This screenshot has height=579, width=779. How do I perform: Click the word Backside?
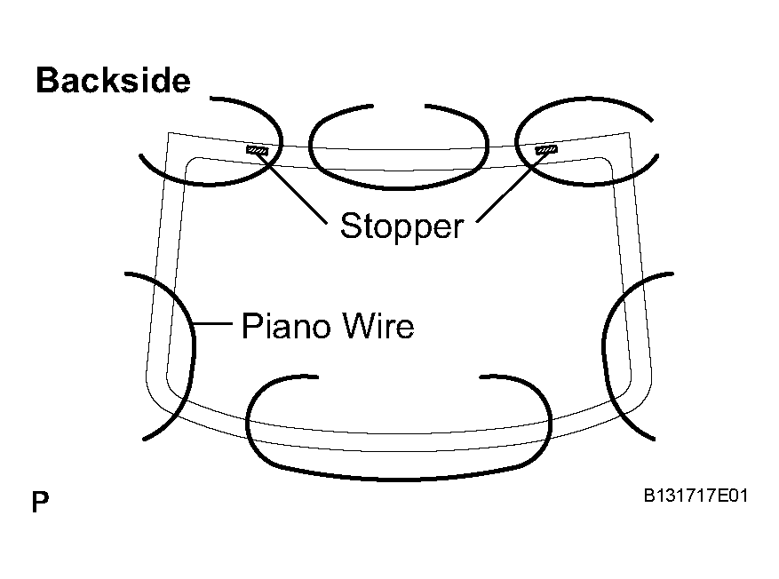[114, 81]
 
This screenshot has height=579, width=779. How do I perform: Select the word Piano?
[286, 326]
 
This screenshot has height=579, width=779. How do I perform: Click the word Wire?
[378, 326]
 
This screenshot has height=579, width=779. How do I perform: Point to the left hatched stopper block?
[258, 150]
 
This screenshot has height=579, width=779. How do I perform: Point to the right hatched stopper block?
[546, 149]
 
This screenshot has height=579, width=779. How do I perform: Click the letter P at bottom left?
[40, 502]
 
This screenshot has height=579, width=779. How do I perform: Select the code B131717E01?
[696, 495]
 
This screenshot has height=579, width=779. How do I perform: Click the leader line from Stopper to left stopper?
[292, 187]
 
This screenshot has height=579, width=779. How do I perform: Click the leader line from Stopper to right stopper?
[512, 186]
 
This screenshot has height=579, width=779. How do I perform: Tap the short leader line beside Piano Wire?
[212, 324]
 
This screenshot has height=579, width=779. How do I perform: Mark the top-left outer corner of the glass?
[169, 133]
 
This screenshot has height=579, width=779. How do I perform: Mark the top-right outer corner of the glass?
[629, 133]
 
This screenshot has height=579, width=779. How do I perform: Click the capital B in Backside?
[47, 81]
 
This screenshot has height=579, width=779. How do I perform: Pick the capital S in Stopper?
[350, 226]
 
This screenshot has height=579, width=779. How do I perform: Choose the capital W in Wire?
[359, 326]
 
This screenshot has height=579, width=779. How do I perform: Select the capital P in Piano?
[251, 326]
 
